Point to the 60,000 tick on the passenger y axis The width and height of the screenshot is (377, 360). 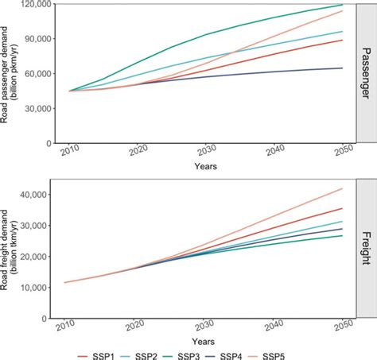(37, 74)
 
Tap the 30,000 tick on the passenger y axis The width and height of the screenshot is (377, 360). (37, 109)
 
